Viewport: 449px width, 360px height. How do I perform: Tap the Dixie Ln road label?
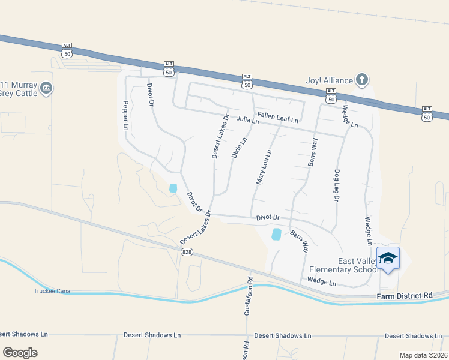[239, 148]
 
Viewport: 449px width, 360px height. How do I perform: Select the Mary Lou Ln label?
[264, 166]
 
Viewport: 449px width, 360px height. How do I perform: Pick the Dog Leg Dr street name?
[337, 185]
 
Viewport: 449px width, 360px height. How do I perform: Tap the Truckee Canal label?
[52, 291]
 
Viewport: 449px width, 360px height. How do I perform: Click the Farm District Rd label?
[405, 296]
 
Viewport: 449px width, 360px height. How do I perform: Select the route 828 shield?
[187, 253]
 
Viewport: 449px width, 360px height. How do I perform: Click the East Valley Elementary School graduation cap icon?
[388, 258]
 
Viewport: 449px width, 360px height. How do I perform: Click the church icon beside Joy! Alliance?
[361, 79]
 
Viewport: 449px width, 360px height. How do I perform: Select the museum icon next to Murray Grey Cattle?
[46, 89]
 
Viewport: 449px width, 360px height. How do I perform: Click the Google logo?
[20, 352]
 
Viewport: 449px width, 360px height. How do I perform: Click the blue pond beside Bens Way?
[276, 234]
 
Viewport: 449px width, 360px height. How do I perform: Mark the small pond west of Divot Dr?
[173, 188]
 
